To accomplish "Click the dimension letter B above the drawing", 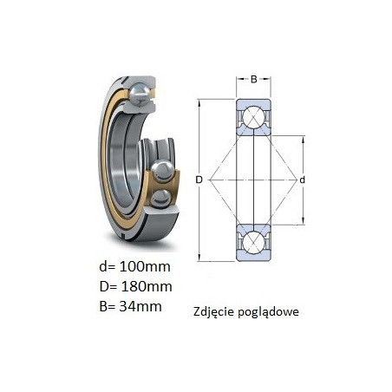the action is [x=253, y=79].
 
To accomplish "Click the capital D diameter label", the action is [x=199, y=180].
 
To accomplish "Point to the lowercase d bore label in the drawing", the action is [x=302, y=180].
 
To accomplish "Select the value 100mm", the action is [x=145, y=266].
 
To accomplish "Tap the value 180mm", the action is [x=146, y=286].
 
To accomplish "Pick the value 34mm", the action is [x=140, y=306].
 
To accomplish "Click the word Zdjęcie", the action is [x=214, y=312].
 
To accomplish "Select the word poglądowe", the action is [x=269, y=312].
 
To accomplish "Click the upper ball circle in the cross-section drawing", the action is [x=253, y=117].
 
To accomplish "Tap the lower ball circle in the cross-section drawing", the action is [x=253, y=243].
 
